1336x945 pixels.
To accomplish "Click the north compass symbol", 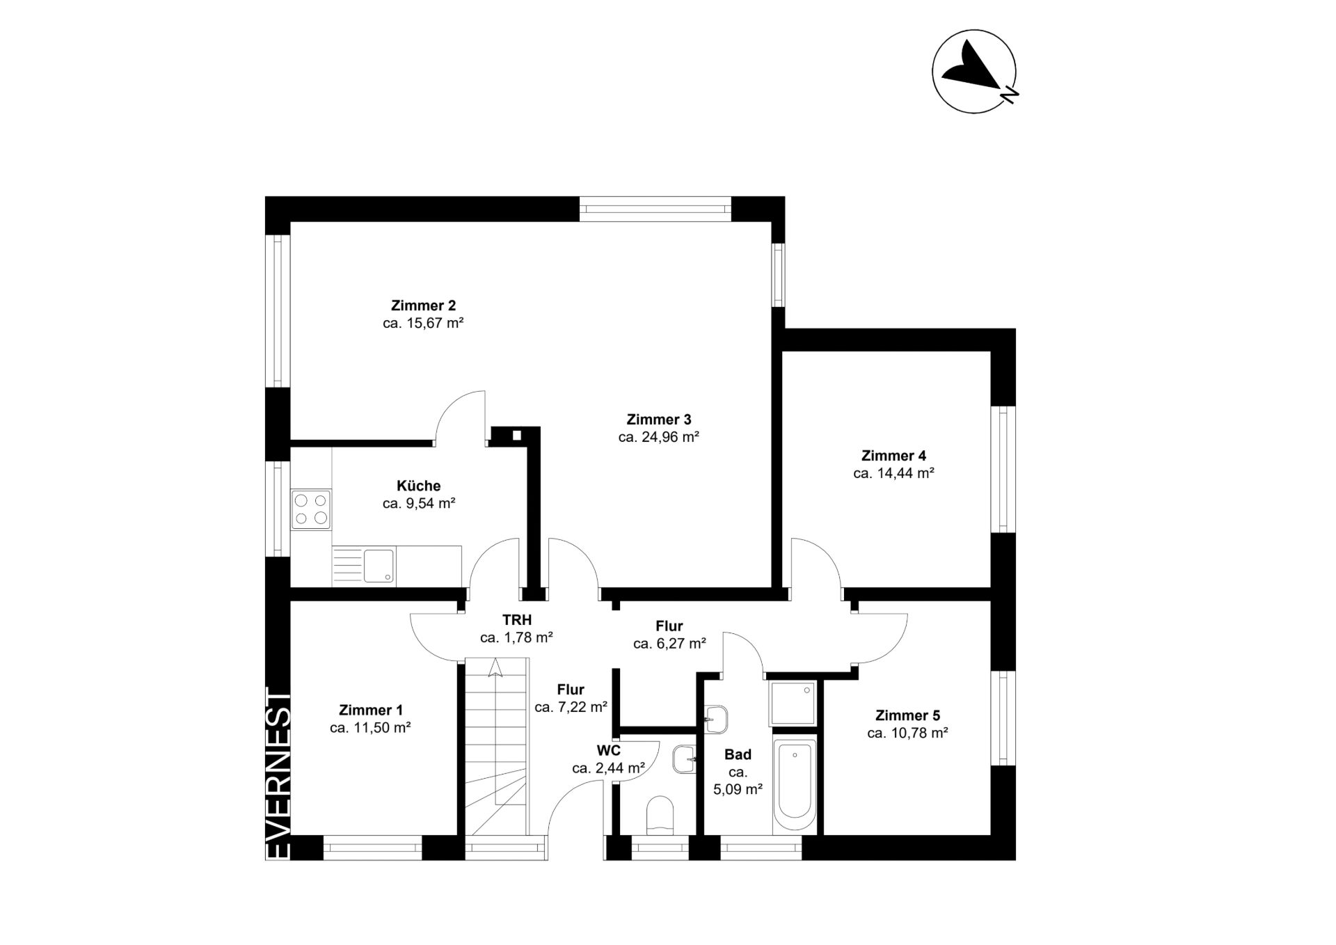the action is [975, 71].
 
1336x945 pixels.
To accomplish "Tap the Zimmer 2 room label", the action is [423, 305].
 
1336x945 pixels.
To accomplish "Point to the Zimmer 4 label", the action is [893, 456].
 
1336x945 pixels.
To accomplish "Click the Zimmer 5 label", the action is [907, 715].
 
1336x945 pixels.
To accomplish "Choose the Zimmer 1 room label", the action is [370, 710].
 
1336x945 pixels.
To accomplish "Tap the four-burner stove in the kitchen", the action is [311, 509].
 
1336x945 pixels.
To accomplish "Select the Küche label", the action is [418, 486].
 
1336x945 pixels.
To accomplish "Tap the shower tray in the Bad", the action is [793, 704].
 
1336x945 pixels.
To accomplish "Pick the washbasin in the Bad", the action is [716, 719].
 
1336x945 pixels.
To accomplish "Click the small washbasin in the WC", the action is [684, 759].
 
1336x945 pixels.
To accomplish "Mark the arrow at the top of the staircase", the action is [495, 668].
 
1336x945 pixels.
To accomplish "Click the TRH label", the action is [517, 619].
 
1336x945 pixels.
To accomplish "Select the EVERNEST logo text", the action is [278, 773].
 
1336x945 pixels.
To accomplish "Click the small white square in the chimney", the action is [516, 436].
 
